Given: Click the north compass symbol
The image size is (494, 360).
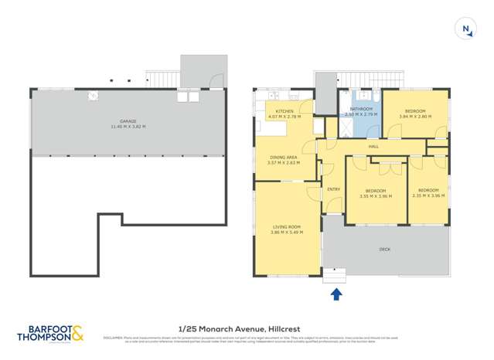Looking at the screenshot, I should (466, 29).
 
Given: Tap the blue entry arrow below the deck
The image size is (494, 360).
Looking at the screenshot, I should (336, 294).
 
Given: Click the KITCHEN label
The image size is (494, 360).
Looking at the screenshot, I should (285, 111).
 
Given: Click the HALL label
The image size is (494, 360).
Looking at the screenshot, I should (373, 146).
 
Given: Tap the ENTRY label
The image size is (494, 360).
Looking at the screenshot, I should (333, 189).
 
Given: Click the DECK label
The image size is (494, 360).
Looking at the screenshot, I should (384, 250).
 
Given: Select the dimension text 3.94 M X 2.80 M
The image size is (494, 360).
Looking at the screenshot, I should (415, 117).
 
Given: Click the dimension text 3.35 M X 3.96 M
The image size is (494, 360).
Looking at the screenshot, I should (376, 196).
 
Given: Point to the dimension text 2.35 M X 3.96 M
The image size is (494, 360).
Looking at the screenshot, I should (428, 196).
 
